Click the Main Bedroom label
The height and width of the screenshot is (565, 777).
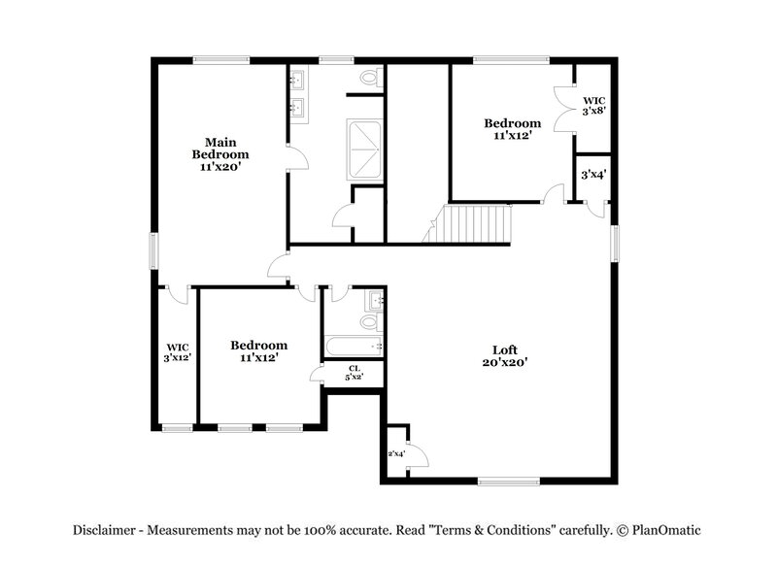(220, 154)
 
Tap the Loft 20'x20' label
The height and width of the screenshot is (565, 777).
(502, 355)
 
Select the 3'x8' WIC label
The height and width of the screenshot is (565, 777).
(594, 106)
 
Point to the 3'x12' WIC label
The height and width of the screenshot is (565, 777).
(177, 351)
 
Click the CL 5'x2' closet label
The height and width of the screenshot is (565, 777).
(354, 373)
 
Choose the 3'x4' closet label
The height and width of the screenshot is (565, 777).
(593, 176)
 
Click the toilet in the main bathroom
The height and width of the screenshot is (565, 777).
(369, 77)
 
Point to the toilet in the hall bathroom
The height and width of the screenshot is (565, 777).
(371, 319)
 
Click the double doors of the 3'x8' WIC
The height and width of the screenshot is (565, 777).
(561, 109)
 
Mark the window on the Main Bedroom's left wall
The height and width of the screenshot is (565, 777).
(152, 250)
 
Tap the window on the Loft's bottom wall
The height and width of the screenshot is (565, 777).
(509, 480)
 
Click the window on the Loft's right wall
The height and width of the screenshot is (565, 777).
(614, 243)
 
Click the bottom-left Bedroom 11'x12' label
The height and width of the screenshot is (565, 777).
(258, 351)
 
